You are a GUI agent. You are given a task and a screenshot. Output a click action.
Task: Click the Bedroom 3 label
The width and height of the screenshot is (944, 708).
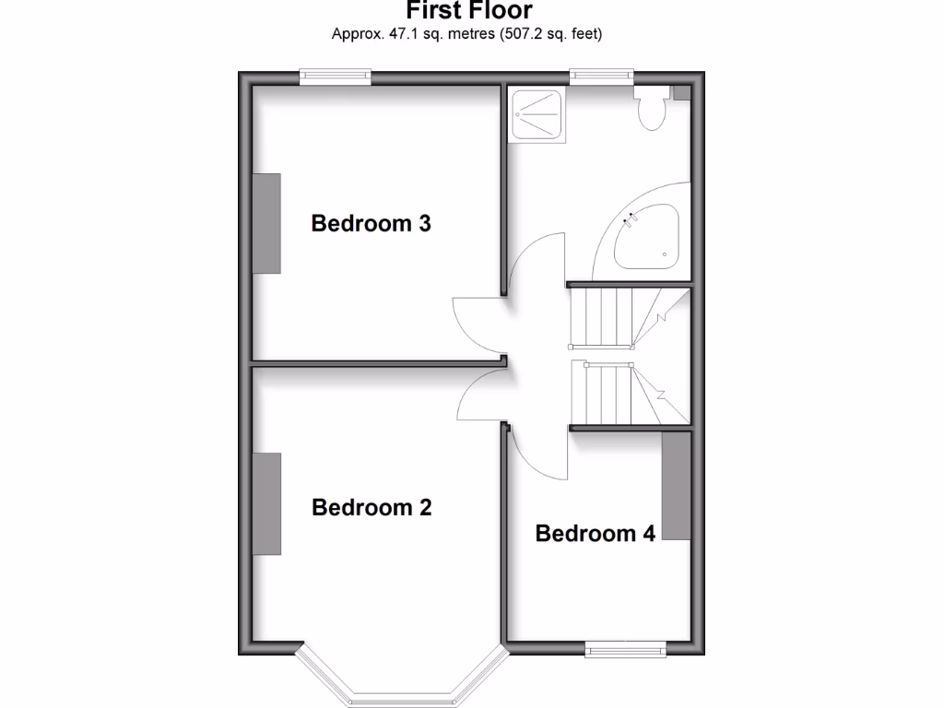[371, 223]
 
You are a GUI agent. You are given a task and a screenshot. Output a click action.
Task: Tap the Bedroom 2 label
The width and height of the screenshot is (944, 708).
[372, 507]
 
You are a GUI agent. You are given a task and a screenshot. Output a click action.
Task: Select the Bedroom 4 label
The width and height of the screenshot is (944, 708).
[595, 533]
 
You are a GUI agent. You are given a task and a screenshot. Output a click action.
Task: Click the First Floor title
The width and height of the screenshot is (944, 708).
[468, 11]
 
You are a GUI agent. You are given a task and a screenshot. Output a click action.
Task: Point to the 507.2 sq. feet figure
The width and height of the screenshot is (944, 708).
[550, 35]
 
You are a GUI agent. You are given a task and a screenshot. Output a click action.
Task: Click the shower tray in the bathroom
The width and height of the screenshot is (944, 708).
[536, 113]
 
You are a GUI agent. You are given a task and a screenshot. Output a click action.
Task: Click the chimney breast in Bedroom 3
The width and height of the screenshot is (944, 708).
[266, 223]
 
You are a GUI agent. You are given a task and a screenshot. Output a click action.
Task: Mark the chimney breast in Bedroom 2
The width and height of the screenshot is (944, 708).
[266, 503]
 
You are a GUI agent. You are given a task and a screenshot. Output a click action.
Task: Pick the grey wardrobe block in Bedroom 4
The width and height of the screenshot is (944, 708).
[676, 485]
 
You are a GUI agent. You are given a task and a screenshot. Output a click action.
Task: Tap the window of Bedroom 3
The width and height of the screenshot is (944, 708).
[335, 77]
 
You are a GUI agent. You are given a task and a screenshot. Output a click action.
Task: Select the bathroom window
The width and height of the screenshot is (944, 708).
[601, 77]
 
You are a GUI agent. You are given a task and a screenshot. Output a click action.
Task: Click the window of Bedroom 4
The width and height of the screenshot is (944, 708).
[627, 649]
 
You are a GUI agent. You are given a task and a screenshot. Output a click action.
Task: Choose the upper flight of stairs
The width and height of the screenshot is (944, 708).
[613, 316]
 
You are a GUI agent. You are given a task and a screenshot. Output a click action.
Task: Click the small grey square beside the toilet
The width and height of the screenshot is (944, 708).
[680, 92]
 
